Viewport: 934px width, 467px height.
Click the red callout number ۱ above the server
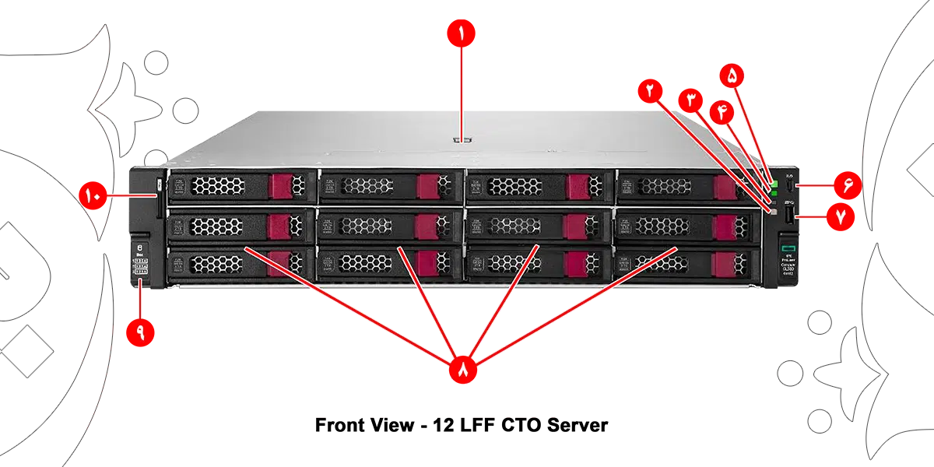pyautogui.click(x=460, y=34)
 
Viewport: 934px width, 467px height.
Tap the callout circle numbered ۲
pyautogui.click(x=649, y=90)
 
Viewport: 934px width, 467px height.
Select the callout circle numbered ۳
pyautogui.click(x=690, y=99)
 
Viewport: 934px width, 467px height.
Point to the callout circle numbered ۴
pyautogui.click(x=722, y=111)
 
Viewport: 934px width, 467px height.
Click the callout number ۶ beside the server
pyautogui.click(x=848, y=185)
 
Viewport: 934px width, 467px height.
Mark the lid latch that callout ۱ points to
pyautogui.click(x=461, y=141)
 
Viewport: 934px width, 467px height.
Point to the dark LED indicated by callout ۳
pyautogui.click(x=774, y=201)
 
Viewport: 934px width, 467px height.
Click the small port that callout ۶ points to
pyautogui.click(x=789, y=187)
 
